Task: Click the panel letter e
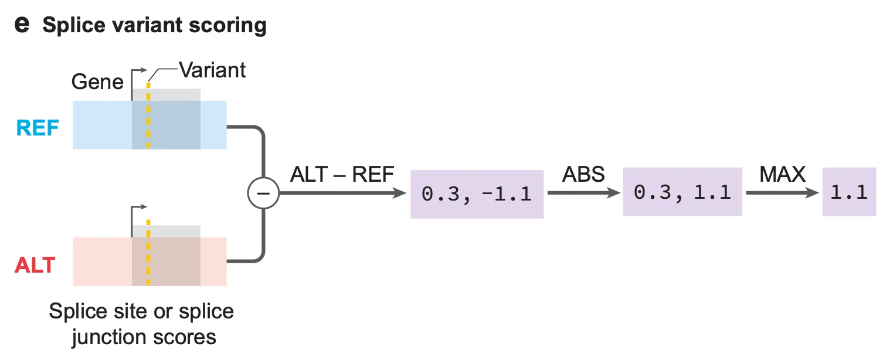21,26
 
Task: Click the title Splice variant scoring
154,26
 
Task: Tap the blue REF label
37,127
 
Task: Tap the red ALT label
35,265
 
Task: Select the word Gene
97,81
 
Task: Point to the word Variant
212,70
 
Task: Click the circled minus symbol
263,194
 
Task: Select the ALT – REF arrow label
342,174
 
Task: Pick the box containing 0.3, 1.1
682,192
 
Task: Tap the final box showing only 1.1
849,192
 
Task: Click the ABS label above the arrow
583,174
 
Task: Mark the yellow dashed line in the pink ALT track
148,261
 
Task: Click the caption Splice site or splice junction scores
141,324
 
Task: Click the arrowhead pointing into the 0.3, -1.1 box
402,193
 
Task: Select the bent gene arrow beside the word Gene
138,74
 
